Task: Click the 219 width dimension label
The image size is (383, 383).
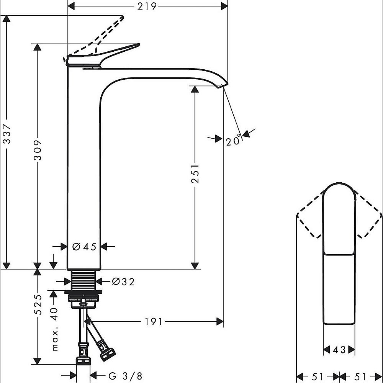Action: [x=147, y=6]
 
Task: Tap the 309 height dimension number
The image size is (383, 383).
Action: [x=38, y=150]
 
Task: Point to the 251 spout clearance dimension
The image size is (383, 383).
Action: [x=195, y=173]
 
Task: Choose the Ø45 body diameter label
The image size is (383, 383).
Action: [x=84, y=247]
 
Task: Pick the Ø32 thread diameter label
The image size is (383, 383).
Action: [x=123, y=282]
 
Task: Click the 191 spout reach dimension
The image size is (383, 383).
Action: [x=154, y=322]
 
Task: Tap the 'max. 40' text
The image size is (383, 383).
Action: [x=55, y=329]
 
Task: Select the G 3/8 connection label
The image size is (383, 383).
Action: [x=125, y=376]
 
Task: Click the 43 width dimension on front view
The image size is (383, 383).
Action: [x=339, y=350]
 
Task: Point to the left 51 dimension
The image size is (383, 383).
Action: [x=318, y=376]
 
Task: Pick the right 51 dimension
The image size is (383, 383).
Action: [x=360, y=376]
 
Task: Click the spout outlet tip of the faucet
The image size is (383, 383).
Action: [x=222, y=86]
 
